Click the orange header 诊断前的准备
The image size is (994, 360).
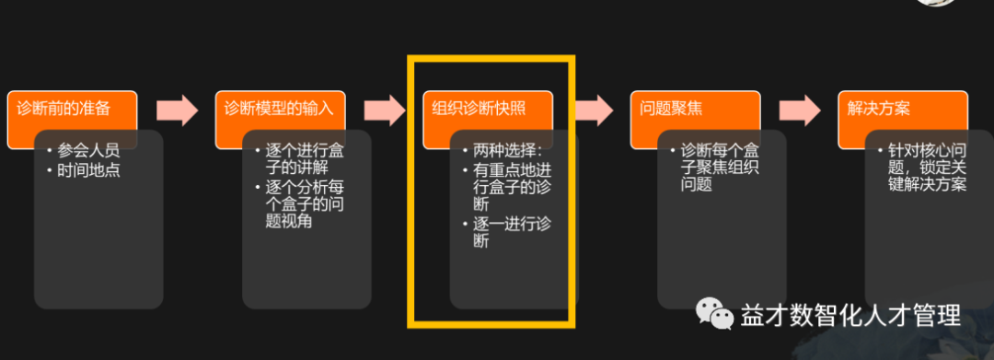click(64, 109)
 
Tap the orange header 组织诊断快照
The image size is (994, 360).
click(480, 109)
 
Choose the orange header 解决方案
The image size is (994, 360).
click(879, 109)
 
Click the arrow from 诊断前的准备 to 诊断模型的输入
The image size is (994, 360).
click(177, 110)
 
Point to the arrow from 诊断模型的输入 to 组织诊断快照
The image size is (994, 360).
click(385, 110)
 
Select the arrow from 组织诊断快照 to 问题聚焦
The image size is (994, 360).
click(593, 110)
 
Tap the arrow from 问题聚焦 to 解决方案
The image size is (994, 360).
click(800, 110)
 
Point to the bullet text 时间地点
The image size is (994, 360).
click(88, 169)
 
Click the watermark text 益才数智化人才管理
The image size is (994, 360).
click(851, 316)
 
